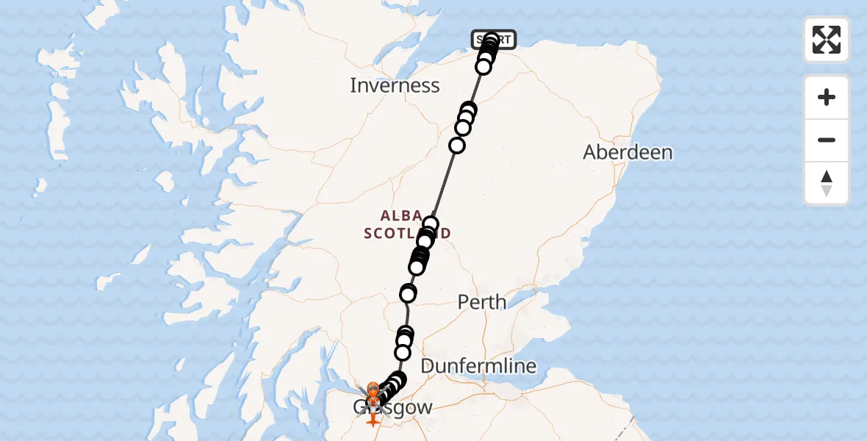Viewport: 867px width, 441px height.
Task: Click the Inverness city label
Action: click(x=395, y=85)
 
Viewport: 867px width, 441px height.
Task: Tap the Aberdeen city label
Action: click(x=627, y=152)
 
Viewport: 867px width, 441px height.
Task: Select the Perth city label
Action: click(x=482, y=301)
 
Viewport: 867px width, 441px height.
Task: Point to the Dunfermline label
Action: click(x=478, y=365)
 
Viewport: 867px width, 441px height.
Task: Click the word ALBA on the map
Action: click(x=401, y=216)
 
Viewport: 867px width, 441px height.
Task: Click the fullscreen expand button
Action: click(x=827, y=40)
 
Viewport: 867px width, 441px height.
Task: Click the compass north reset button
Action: click(x=827, y=183)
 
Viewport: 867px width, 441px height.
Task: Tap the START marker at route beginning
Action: click(x=494, y=39)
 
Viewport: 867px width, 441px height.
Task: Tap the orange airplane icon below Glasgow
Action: click(x=373, y=417)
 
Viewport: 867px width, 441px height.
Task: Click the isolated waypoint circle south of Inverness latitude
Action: click(x=457, y=146)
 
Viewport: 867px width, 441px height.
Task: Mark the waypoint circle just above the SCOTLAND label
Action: click(x=431, y=223)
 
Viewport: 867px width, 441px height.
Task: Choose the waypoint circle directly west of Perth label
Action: click(x=408, y=293)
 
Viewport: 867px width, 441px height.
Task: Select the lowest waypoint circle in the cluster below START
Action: click(x=483, y=68)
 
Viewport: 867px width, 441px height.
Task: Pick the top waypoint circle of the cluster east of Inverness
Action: click(x=469, y=110)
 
